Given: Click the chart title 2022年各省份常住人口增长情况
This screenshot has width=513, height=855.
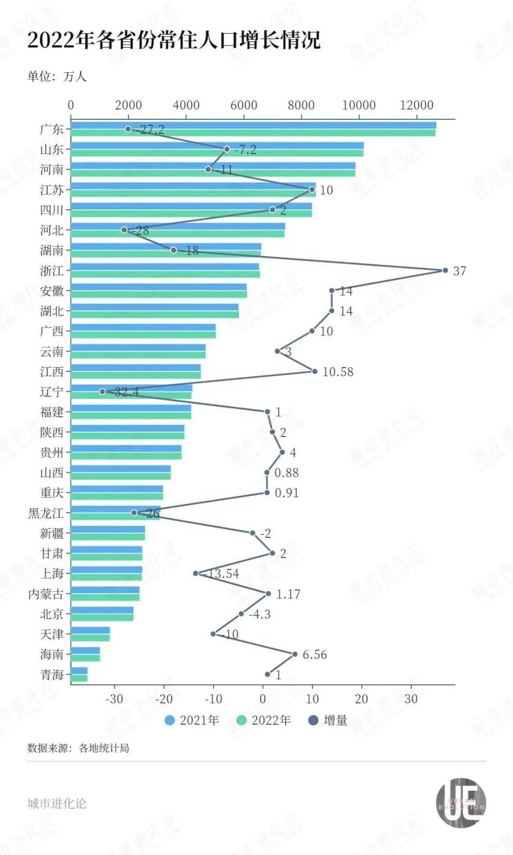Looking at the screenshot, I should tap(174, 40).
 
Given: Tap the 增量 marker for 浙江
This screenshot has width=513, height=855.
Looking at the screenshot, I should tap(445, 270).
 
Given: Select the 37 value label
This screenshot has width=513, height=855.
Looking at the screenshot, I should tap(459, 271).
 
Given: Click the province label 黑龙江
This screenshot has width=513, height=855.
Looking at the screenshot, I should tap(46, 513).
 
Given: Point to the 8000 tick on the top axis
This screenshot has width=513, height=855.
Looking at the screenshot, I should tap(301, 105).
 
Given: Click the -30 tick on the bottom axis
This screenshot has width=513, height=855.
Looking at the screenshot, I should tap(114, 699).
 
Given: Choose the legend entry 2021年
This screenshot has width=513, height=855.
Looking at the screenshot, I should tap(192, 720).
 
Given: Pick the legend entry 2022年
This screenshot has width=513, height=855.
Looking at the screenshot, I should tap(264, 720).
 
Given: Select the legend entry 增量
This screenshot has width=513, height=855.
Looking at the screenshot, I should tap(328, 720).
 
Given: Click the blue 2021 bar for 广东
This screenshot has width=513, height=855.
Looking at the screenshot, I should tap(253, 125).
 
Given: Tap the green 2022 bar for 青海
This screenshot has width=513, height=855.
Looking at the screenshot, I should tap(79, 678).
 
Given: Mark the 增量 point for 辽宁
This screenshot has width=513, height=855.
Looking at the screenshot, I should tap(102, 391).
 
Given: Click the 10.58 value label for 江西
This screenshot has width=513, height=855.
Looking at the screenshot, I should tap(338, 372).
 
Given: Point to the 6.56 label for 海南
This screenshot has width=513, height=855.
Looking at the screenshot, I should tap(314, 655).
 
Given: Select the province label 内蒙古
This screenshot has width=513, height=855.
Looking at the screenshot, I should tap(46, 594).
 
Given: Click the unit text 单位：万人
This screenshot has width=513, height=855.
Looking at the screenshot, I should tap(57, 76).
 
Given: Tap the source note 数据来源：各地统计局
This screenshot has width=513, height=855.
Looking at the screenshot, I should tap(78, 748).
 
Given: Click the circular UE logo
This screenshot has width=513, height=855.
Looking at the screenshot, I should tap(461, 803).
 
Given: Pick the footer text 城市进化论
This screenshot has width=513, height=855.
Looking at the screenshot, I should tap(57, 803).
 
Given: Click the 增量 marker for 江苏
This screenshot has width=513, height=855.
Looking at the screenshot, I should tap(312, 190).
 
